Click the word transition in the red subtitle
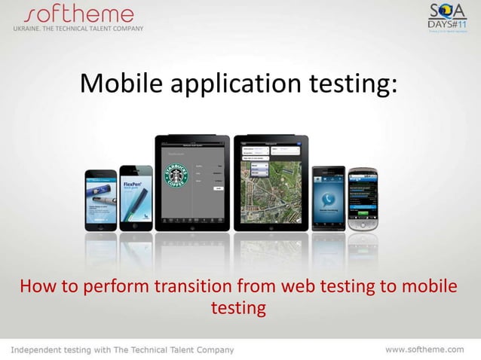[x=193, y=288]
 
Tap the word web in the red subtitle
[x=300, y=288]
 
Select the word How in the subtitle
[x=36, y=288]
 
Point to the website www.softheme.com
[x=425, y=349]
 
